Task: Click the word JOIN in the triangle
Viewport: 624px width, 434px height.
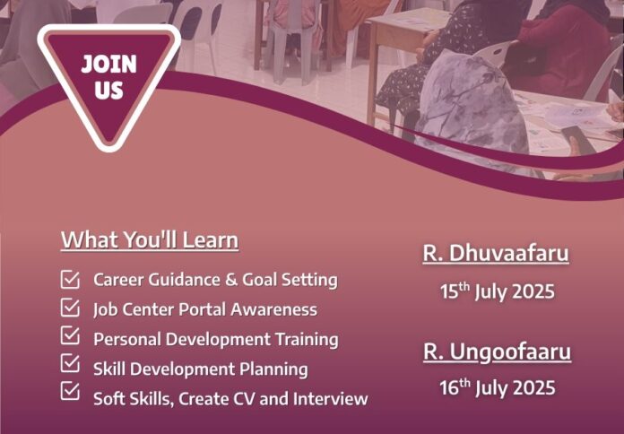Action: pos(108,64)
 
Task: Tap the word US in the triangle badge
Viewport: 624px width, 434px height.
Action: pos(108,90)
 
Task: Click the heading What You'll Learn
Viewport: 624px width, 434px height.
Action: pos(150,240)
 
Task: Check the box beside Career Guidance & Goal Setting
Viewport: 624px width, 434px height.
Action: pos(70,279)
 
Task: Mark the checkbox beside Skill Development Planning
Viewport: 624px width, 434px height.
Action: pos(70,363)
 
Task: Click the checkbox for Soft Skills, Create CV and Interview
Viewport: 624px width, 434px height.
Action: pos(70,391)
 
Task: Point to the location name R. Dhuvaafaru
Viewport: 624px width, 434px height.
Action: pos(496,253)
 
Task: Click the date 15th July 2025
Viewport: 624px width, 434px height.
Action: pos(497,291)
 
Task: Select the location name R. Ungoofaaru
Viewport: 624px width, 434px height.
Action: pos(497,352)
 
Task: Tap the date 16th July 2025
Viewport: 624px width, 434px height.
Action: pos(497,387)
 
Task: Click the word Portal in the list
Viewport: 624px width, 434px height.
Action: pos(202,309)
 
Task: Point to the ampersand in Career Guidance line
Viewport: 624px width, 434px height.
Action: pos(231,280)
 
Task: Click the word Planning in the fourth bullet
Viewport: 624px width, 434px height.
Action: pos(273,369)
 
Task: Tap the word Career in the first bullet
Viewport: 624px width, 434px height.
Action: pos(117,280)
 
